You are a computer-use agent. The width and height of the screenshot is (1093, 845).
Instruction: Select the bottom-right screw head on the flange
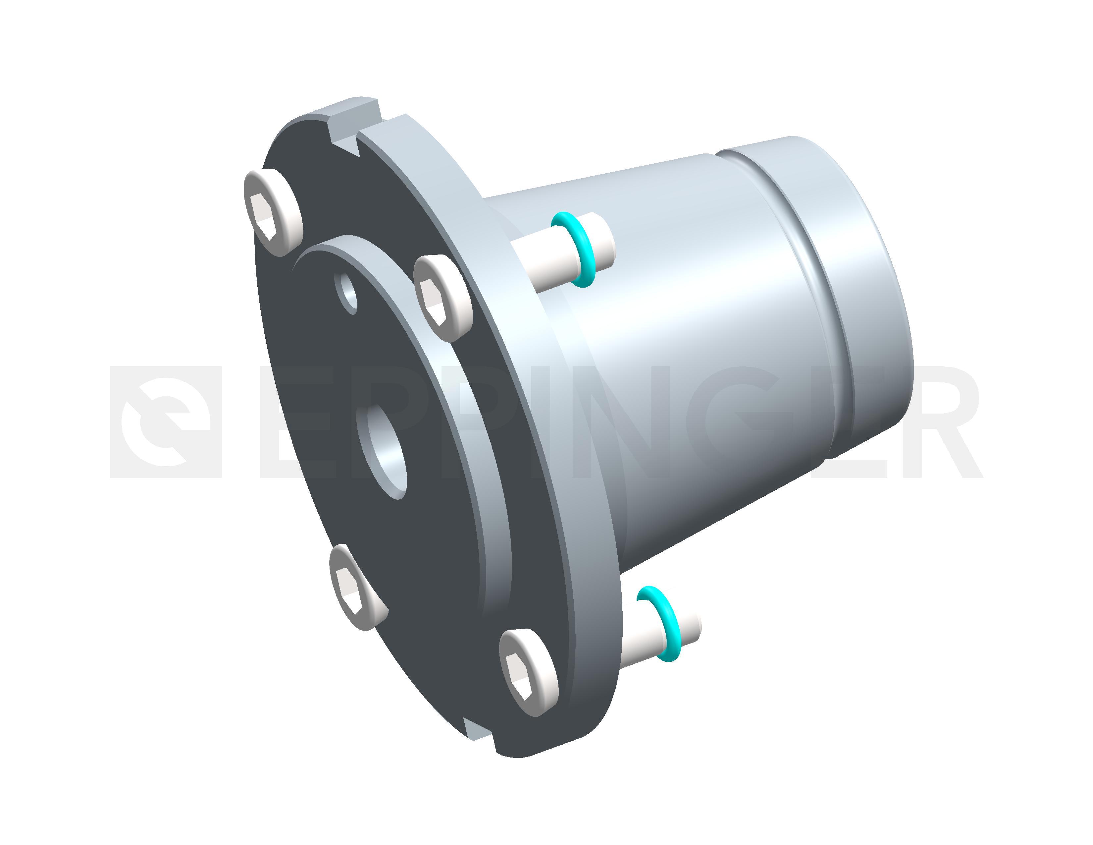tap(529, 672)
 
